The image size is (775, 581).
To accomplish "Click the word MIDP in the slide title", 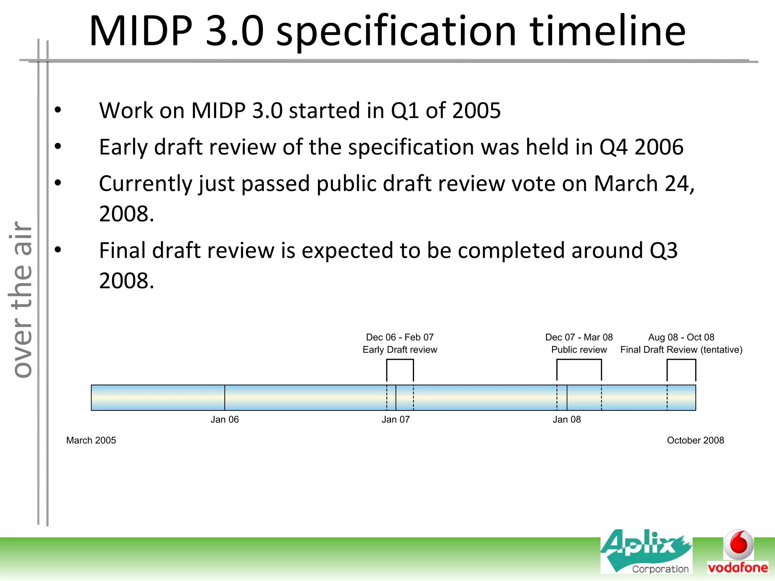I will (x=141, y=31).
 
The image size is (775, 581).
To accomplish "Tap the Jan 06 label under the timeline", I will (x=224, y=419).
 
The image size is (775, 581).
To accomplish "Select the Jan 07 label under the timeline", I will (x=395, y=419).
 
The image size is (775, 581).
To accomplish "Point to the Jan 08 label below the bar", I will (x=566, y=419).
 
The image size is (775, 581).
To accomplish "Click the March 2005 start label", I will (x=91, y=440).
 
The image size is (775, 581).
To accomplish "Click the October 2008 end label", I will (x=695, y=440).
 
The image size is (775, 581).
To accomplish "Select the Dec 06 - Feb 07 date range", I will (x=400, y=337).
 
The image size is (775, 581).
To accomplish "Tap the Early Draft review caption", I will (x=400, y=350).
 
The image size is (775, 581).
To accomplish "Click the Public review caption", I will (x=579, y=350).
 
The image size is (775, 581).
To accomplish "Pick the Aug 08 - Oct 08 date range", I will (x=681, y=337).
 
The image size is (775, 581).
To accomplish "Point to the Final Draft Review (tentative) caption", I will (x=681, y=350).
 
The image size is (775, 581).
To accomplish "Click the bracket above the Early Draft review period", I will (x=400, y=360).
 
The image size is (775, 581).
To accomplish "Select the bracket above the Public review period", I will (x=579, y=360).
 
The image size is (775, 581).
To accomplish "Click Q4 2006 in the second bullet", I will (x=641, y=147).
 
